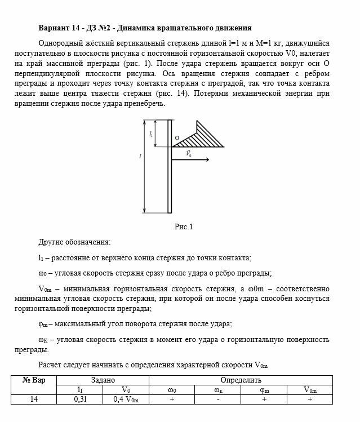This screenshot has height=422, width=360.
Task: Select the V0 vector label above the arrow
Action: tap(188, 153)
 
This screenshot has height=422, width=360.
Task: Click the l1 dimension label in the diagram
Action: tap(151, 134)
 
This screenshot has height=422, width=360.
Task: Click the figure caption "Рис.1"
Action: tap(184, 227)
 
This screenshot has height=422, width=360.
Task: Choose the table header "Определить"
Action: tap(241, 380)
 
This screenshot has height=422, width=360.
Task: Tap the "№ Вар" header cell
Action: tap(34, 380)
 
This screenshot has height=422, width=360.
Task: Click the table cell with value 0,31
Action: tap(79, 399)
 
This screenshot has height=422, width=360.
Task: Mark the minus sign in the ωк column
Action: tap(217, 399)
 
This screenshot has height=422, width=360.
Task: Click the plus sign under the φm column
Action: tap(264, 399)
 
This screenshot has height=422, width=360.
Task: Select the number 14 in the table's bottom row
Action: tap(34, 399)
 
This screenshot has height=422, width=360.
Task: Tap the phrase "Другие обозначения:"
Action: tap(74, 242)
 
